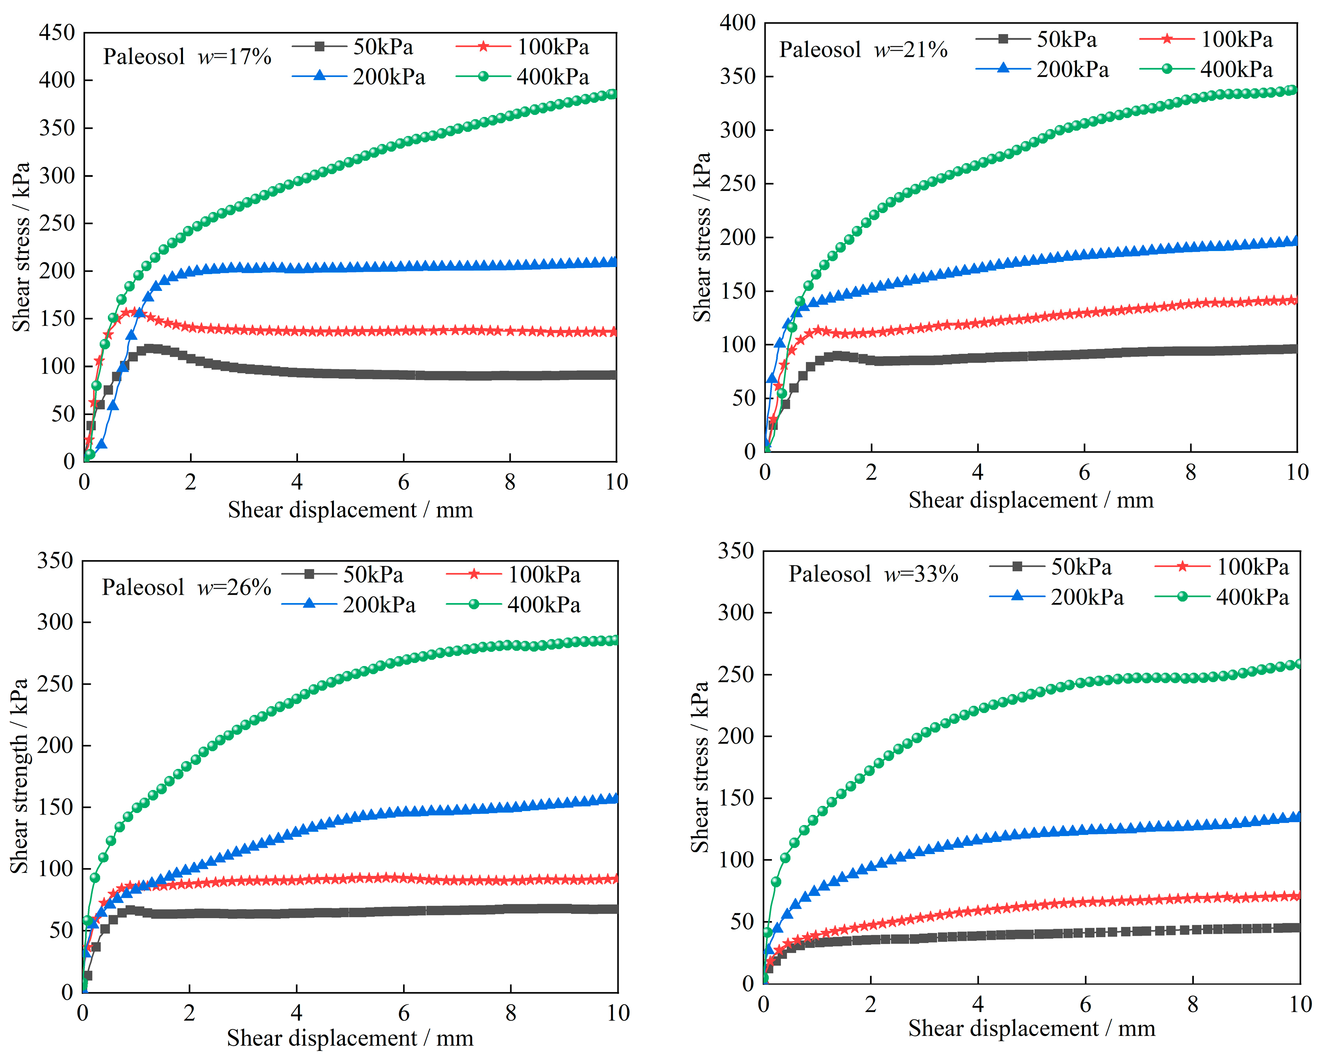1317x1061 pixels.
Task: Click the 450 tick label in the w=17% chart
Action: pos(56,32)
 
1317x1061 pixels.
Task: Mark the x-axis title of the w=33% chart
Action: pos(1031,1028)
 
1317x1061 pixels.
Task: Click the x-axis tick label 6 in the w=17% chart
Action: pos(403,482)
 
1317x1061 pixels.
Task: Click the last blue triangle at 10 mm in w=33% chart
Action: pos(1295,817)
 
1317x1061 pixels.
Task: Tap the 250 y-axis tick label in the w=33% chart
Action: pos(736,674)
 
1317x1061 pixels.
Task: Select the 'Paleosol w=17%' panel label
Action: pos(187,57)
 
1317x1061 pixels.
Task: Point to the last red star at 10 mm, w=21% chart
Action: pos(1292,300)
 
